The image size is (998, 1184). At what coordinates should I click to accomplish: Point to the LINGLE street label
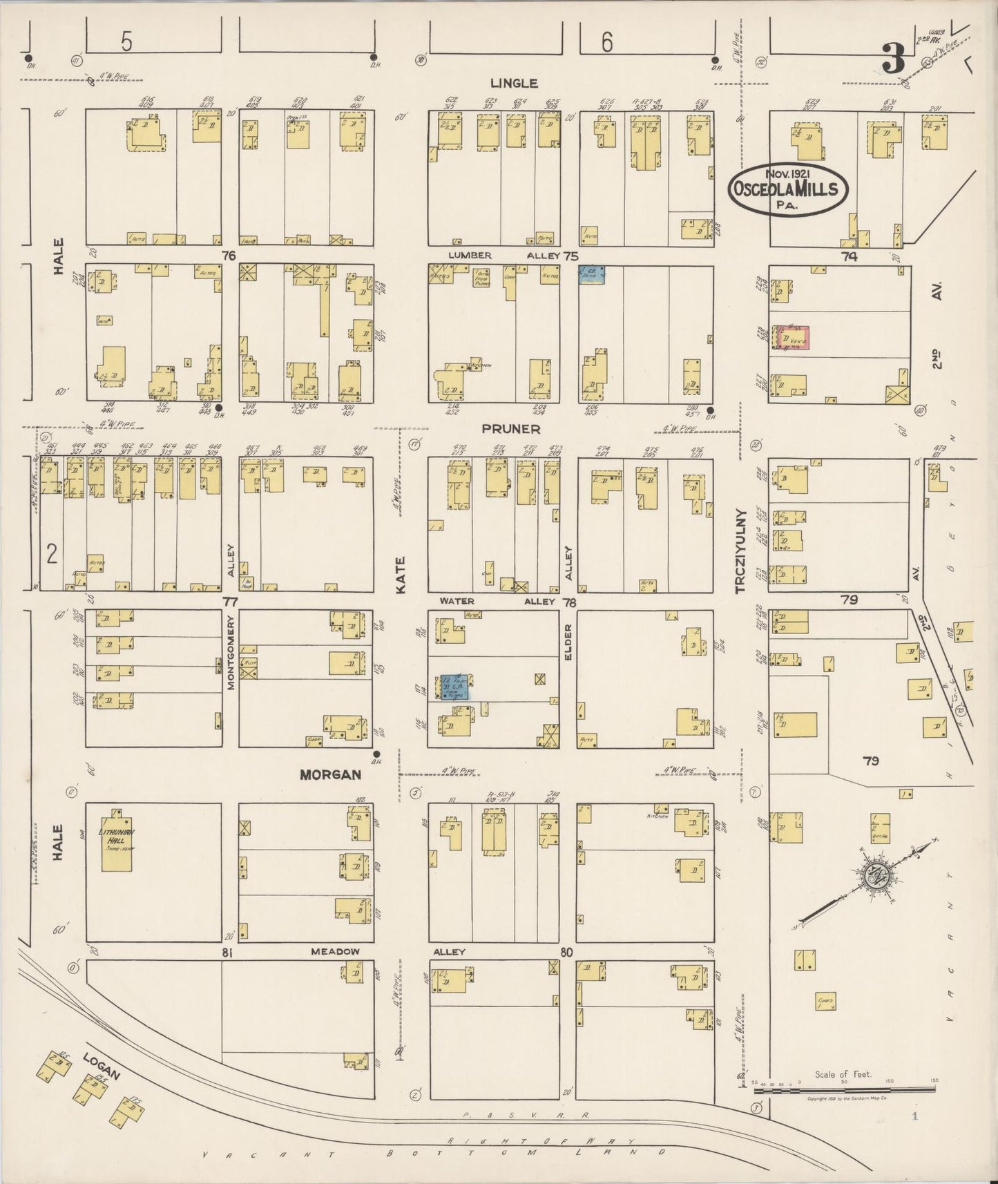click(514, 83)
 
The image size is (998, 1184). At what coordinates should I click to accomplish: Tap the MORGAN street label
click(330, 774)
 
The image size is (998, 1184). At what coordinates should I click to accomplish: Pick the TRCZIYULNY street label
click(741, 551)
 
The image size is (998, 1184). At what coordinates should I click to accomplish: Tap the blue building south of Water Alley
click(455, 687)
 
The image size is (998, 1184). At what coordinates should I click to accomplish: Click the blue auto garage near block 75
click(592, 274)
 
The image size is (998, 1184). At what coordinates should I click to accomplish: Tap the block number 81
click(226, 953)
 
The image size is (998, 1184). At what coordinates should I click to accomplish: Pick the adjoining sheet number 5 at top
click(126, 43)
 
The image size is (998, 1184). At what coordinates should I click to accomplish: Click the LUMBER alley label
click(470, 256)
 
